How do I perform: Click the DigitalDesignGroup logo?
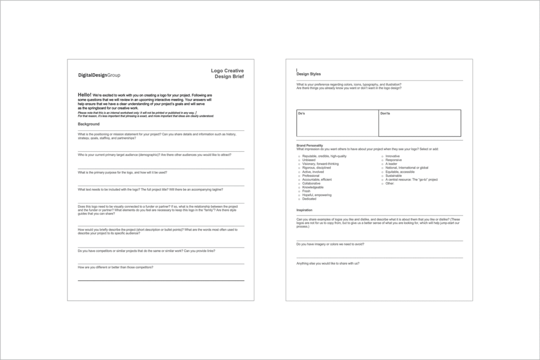[99, 75]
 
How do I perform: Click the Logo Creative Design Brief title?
[227, 73]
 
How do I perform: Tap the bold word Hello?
[84, 94]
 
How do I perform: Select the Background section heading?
[89, 124]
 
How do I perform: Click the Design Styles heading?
[308, 74]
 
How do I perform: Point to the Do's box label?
[301, 113]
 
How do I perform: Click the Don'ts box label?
[385, 113]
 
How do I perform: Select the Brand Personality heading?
[310, 145]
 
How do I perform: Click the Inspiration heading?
[304, 210]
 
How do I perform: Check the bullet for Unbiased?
[299, 160]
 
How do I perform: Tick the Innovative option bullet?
[382, 156]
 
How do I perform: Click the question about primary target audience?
[154, 155]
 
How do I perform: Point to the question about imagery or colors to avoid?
[330, 244]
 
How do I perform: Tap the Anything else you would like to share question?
[331, 263]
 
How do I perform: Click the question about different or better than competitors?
[115, 267]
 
